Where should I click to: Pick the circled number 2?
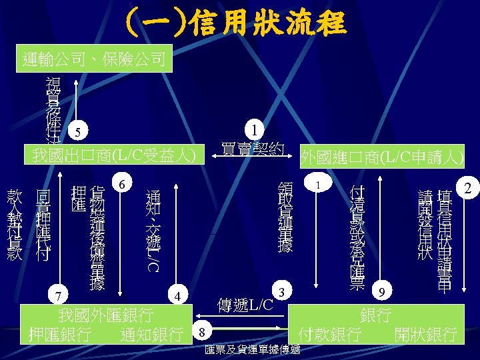468,189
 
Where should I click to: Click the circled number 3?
282,292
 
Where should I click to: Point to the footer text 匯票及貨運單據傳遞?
253,351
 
